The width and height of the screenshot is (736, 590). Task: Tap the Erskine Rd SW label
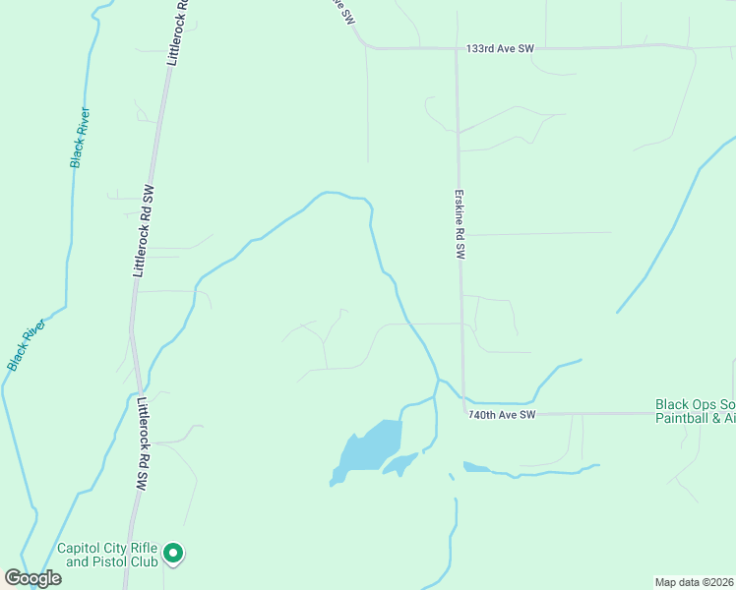(x=459, y=224)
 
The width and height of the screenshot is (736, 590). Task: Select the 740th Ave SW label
(x=502, y=416)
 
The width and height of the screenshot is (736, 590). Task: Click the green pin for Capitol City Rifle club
(x=173, y=555)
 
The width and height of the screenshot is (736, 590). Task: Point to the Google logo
(x=32, y=578)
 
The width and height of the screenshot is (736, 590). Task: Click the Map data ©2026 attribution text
(x=694, y=581)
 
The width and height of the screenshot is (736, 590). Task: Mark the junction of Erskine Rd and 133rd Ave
(x=457, y=48)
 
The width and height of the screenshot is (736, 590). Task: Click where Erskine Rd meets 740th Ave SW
(x=463, y=413)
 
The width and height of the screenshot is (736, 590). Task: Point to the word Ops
(x=707, y=404)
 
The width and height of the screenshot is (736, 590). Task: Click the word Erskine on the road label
(x=459, y=209)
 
